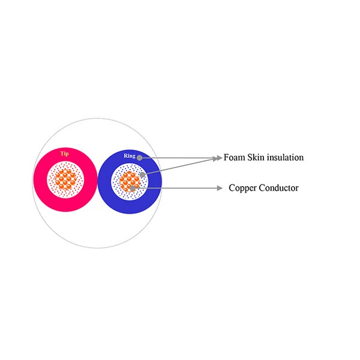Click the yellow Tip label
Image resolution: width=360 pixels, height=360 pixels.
[65, 154]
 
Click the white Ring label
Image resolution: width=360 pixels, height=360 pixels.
[130, 156]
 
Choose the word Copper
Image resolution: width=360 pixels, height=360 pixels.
[242, 188]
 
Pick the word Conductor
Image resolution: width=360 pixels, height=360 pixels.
[279, 188]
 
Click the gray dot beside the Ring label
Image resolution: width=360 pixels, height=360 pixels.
[139, 158]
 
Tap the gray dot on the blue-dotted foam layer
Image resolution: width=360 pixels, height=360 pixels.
[142, 175]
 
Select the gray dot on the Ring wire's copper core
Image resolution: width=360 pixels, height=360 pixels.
[132, 188]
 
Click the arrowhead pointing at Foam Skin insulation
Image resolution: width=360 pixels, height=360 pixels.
[218, 158]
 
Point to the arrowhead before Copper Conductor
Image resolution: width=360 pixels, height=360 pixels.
[220, 188]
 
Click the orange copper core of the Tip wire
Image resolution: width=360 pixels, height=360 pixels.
[65, 180]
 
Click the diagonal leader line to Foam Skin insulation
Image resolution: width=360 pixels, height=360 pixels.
[179, 166]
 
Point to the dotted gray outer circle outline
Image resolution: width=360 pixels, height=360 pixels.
[97, 118]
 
